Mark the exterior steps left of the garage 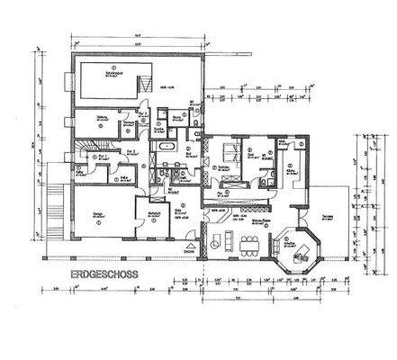(x=61, y=203)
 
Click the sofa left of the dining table (x=227, y=240)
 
